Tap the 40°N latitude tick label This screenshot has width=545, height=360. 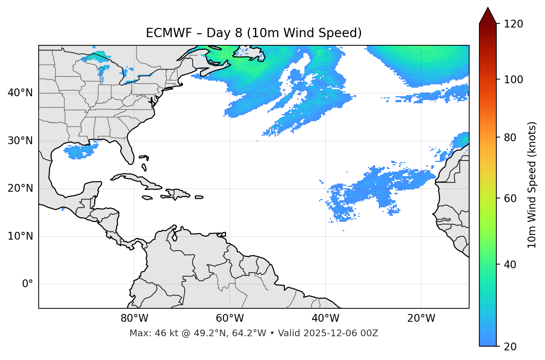pos(20,93)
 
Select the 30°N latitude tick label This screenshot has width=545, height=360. pos(20,141)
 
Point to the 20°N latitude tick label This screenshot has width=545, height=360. pos(20,188)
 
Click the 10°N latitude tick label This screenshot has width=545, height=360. pos(20,236)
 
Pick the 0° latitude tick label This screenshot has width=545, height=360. pos(28,284)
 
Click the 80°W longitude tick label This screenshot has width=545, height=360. pos(134,318)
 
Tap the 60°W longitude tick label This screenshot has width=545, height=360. pos(230,318)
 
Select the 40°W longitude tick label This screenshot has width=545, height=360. pos(325,318)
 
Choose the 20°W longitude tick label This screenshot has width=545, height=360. pos(421,318)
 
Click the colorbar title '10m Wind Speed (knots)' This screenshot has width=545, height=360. pos(532,185)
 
